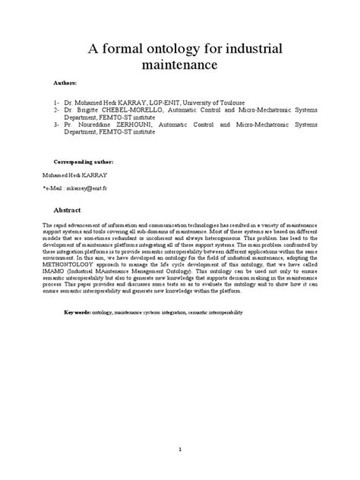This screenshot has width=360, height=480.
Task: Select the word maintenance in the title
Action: (x=180, y=66)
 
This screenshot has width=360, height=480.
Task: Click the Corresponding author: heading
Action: (x=84, y=162)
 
